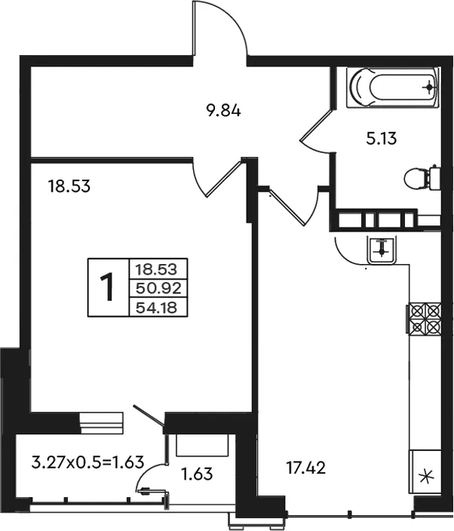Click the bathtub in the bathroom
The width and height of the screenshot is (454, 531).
click(392, 87)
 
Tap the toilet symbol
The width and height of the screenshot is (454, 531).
click(422, 178)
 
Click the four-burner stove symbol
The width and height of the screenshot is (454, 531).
click(424, 319)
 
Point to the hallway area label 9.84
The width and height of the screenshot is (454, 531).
click(223, 111)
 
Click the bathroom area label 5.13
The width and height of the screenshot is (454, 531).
click(381, 139)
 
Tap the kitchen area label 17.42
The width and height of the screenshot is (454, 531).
click(305, 468)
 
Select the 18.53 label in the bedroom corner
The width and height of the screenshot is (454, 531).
click(69, 186)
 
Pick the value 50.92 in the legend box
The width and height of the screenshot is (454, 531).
click(158, 289)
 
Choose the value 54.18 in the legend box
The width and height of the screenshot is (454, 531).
click(156, 308)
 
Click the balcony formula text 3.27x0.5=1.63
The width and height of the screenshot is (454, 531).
click(87, 462)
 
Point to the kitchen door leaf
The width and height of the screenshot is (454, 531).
click(287, 207)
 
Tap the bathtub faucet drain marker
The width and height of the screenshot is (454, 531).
click(429, 87)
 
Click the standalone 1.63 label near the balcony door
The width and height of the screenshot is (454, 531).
click(197, 474)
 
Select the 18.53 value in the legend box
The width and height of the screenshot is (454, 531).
click(156, 270)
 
